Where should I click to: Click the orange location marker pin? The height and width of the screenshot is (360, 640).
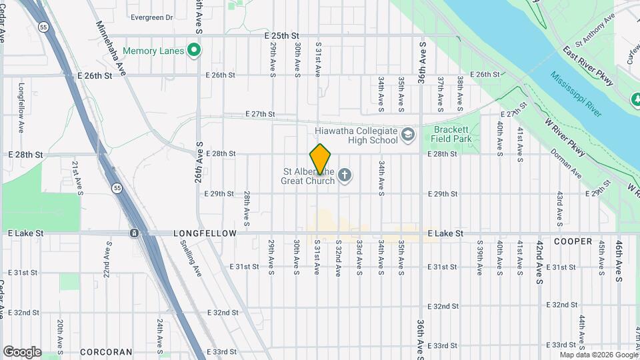point(321,159)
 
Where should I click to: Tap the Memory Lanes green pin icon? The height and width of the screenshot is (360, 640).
point(195,50)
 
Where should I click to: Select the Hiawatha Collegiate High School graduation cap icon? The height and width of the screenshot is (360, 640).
point(407,136)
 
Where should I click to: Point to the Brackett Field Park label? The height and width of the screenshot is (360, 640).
point(453,134)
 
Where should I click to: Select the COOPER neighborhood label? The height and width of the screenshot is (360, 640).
point(572,241)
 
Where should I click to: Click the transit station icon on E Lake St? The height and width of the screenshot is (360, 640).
point(135,233)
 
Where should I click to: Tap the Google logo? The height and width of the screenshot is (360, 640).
point(22,351)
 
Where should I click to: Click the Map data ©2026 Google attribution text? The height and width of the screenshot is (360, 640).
point(598,355)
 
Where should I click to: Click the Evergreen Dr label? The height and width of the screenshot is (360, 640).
point(152,17)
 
